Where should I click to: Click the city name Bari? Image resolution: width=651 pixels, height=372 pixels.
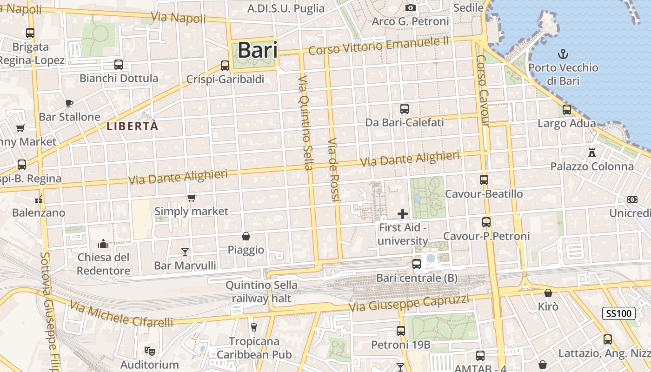[257, 50]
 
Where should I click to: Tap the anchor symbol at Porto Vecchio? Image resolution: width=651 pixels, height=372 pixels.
[563, 54]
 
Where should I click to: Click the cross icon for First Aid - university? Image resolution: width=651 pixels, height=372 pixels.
[403, 214]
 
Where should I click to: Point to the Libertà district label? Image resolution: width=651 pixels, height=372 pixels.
[133, 126]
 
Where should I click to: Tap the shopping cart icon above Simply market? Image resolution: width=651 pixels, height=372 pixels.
[191, 198]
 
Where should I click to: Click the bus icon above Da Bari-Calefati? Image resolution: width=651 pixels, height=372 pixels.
[405, 109]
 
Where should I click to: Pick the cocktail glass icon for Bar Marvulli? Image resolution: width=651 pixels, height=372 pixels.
[185, 252]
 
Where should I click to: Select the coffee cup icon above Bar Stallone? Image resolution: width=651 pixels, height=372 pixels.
[69, 103]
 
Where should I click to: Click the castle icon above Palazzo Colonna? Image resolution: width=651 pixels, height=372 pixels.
[592, 152]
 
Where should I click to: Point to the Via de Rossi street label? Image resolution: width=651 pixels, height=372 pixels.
[334, 170]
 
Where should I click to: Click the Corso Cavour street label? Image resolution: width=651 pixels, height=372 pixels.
[483, 90]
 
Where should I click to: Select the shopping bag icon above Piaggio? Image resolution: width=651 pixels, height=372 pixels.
[246, 237]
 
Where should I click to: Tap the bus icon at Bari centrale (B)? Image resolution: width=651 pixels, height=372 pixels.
[417, 264]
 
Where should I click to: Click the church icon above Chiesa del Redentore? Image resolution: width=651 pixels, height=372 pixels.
[103, 244]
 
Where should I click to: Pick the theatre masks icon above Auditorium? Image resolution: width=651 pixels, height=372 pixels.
[149, 350]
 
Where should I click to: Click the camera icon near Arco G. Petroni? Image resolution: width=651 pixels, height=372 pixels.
[410, 7]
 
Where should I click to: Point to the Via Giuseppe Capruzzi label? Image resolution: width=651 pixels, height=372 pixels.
[409, 303]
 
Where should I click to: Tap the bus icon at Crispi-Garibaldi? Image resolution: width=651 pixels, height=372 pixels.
[225, 66]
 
